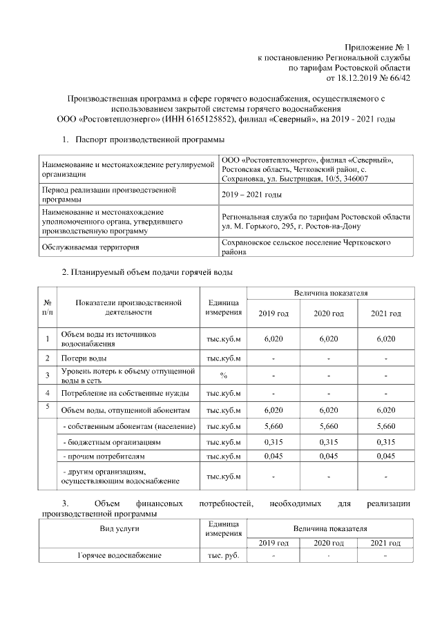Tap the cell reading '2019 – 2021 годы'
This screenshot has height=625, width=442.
pos(251,195)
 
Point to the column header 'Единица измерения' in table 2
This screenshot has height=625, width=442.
pos(223,307)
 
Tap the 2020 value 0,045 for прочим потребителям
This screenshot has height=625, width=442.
pos(329,456)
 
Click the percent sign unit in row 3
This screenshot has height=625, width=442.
pos(223,375)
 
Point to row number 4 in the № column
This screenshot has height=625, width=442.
pos(47,393)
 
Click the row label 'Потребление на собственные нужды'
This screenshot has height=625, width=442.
pos(125,393)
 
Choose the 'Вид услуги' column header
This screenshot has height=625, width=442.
pos(119,528)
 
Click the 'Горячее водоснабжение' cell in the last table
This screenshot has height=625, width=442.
pos(119,555)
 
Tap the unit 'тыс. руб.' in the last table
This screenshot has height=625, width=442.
pos(223,555)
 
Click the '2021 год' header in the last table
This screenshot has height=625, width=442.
pos(385,543)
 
